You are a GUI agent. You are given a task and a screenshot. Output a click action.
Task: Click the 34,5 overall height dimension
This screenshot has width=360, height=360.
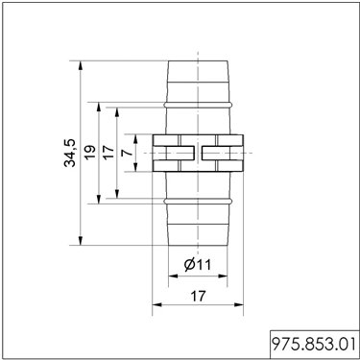point(70,153)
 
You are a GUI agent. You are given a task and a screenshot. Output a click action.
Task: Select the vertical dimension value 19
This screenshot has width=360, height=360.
point(89,153)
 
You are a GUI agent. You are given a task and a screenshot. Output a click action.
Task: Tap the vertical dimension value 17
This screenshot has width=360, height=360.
point(108,153)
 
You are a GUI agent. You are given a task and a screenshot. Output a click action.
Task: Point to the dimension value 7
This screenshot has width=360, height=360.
point(128,153)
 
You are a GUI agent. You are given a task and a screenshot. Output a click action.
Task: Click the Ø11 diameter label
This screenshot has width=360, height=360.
point(198,265)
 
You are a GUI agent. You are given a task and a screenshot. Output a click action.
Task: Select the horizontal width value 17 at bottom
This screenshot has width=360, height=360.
point(199,296)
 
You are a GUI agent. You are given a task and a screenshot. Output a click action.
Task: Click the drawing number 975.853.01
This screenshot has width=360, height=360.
point(314,345)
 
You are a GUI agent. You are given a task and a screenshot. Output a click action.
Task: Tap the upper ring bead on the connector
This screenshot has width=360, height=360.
point(198,105)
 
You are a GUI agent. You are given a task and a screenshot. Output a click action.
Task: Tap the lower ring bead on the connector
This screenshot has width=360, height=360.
point(198,201)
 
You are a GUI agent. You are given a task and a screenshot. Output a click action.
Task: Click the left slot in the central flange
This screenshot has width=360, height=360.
point(180,153)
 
